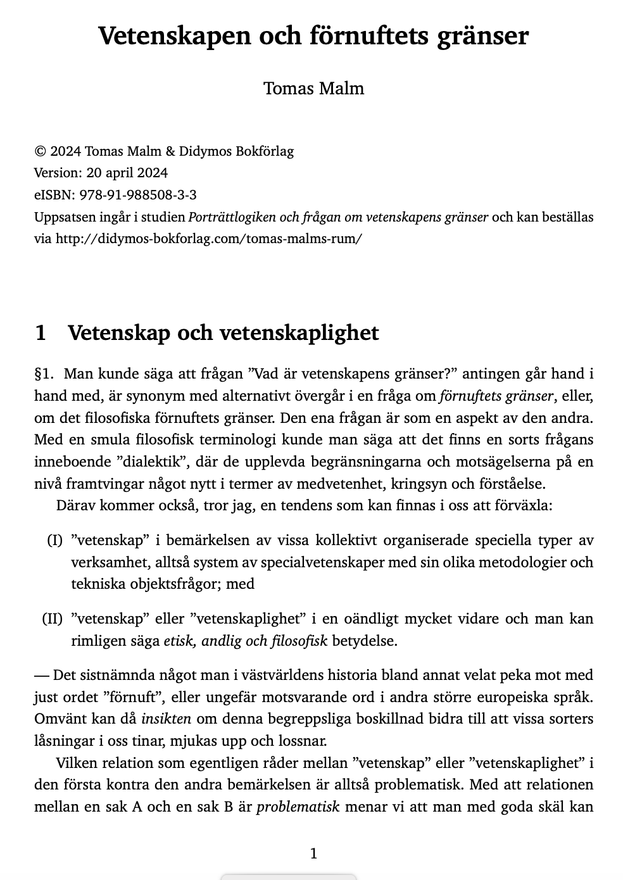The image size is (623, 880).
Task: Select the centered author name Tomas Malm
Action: (x=313, y=88)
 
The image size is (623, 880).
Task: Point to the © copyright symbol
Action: (x=40, y=151)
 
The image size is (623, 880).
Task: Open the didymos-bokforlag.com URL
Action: (x=209, y=239)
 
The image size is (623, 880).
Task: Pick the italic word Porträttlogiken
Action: (x=232, y=217)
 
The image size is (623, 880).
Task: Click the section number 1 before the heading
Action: (x=41, y=332)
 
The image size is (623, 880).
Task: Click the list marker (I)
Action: (x=55, y=541)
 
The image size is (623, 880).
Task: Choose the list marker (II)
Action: (x=53, y=619)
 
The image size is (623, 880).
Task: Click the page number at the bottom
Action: (x=313, y=853)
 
